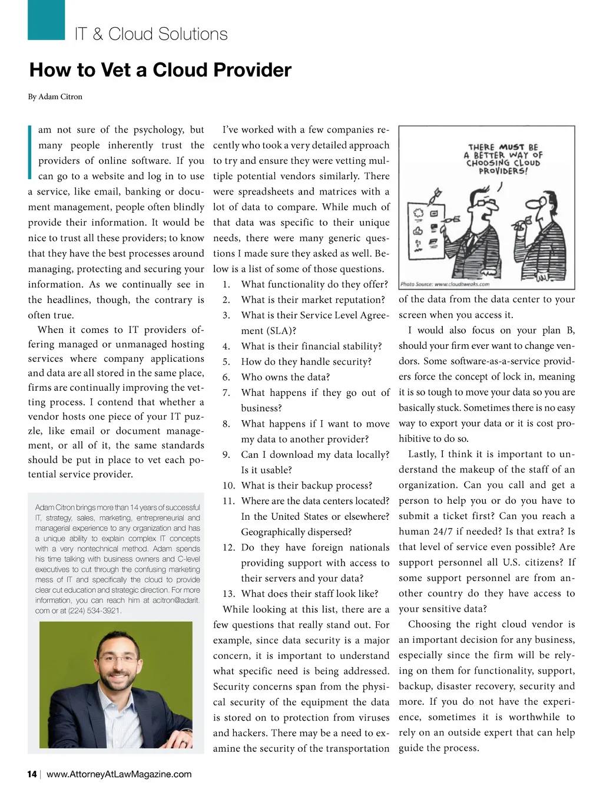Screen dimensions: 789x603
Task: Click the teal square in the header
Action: (x=46, y=19)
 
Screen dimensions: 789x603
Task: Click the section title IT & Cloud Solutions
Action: (x=151, y=34)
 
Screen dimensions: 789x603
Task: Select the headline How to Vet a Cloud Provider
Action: (x=160, y=70)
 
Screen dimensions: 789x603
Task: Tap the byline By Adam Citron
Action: (x=55, y=97)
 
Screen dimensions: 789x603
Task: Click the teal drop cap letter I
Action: (x=30, y=151)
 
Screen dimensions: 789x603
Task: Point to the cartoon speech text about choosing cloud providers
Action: (x=503, y=159)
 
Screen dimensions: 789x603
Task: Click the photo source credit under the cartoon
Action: (x=445, y=284)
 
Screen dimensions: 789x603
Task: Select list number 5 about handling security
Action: (x=226, y=362)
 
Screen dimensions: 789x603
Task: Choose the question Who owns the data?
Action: (x=286, y=377)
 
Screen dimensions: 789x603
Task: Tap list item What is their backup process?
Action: (x=307, y=486)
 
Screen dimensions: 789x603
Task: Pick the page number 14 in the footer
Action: (x=32, y=774)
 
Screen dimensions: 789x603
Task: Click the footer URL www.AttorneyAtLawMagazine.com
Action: (x=119, y=774)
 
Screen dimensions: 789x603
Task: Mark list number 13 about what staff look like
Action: (x=228, y=594)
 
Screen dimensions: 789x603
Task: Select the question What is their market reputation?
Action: (x=313, y=300)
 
